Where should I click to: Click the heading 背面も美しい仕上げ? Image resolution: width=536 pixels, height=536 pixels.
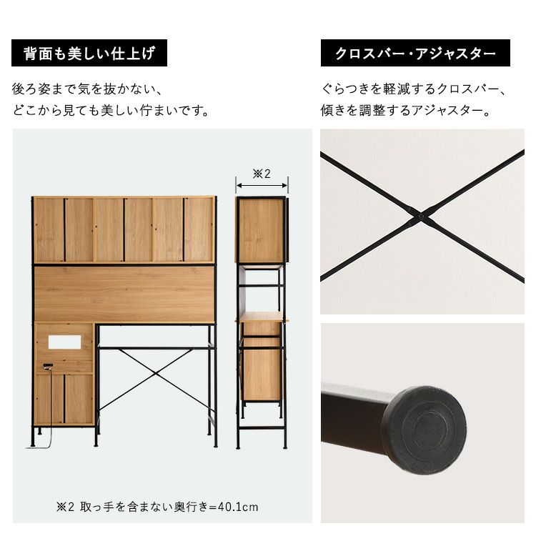[x=89, y=53]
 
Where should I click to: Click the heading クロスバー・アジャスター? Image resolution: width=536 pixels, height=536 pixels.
[x=415, y=54]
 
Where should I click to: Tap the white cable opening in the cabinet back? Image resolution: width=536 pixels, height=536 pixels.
[x=64, y=342]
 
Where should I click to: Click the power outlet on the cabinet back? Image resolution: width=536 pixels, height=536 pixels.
[x=48, y=366]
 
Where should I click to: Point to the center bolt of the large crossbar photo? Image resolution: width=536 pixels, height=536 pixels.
[x=421, y=216]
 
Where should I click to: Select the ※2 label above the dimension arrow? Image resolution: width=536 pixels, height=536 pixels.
[x=262, y=174]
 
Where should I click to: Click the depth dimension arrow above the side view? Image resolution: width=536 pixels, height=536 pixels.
[x=262, y=185]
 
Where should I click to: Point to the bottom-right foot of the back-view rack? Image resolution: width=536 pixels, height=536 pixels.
[x=215, y=445]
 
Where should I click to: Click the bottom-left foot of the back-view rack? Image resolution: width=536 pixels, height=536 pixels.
[x=33, y=444]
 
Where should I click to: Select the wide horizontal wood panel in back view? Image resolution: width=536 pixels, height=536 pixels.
[x=124, y=294]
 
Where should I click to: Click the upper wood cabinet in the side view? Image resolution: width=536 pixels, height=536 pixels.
[x=261, y=230]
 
